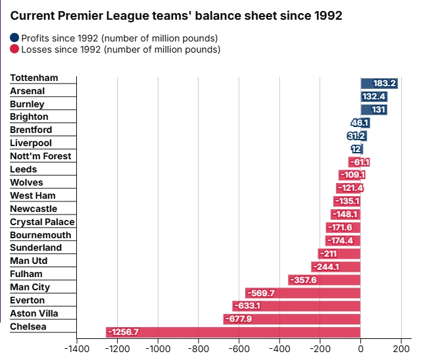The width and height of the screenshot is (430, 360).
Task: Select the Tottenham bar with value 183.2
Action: point(379,84)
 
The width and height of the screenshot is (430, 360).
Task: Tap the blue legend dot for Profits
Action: point(15,38)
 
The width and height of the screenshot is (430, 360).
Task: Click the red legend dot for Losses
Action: point(15,49)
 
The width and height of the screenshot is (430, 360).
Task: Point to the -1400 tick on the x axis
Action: point(76,349)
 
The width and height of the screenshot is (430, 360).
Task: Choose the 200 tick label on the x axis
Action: point(401,349)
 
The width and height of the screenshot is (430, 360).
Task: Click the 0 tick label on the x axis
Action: point(360,349)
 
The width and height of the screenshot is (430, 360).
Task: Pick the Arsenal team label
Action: point(28,91)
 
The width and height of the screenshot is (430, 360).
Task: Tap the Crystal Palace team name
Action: point(42,222)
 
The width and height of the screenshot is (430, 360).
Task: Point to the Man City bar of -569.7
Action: point(302,293)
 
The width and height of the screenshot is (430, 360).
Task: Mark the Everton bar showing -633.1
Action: point(296,306)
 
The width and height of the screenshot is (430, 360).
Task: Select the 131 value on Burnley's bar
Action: point(378,110)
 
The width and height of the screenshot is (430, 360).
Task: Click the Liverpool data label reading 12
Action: point(356,149)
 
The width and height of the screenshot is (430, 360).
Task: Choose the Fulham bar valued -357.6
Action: point(324,280)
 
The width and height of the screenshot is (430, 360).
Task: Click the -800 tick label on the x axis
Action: point(198,349)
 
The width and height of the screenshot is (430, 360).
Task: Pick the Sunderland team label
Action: point(36,247)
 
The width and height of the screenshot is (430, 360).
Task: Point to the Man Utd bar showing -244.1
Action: point(335,267)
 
